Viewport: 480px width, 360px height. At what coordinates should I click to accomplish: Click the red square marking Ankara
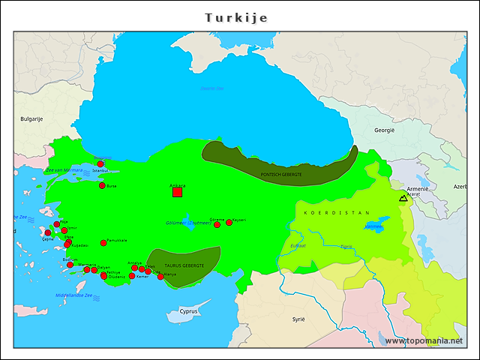pos(178,192)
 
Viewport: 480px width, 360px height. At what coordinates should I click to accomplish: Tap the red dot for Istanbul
pos(100,163)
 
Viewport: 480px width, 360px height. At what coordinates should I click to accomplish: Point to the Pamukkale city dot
pos(103,243)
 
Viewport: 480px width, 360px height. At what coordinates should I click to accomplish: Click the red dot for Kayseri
pos(229,223)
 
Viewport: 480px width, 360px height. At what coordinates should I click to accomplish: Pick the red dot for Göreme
pos(217,225)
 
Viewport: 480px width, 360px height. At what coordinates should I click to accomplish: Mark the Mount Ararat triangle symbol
pos(403,199)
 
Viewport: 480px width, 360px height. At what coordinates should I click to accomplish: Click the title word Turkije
pos(236,17)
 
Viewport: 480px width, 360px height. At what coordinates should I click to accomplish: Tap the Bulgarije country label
pos(32,118)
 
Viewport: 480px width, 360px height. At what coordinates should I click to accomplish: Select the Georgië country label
pos(385,130)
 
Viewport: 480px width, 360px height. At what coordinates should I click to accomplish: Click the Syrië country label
pos(298,319)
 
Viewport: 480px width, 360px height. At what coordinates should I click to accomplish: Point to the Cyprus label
pos(189,311)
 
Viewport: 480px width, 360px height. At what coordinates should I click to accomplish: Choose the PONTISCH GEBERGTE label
pos(281,174)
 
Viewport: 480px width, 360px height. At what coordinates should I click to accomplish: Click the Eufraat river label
pos(298,245)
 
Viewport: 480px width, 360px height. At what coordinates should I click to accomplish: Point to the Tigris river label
pos(346,246)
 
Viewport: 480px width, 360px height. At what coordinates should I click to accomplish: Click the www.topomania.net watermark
pos(424,340)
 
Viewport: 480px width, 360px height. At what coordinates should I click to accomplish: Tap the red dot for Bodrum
pos(70,265)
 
